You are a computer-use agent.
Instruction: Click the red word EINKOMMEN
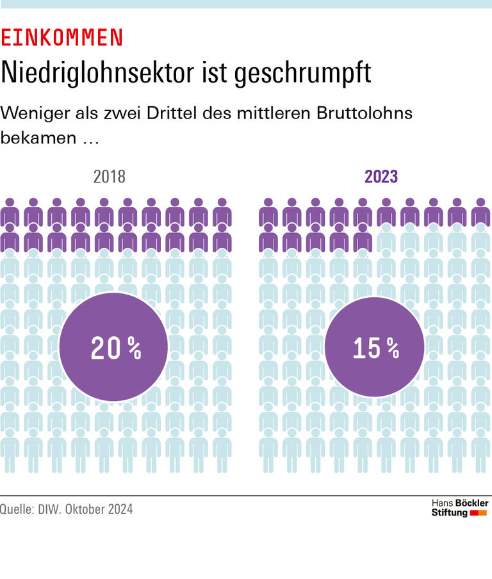point(61,38)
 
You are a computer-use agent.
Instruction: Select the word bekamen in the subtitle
point(38,138)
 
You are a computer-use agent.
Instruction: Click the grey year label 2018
point(110,177)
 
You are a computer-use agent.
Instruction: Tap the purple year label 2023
point(381,177)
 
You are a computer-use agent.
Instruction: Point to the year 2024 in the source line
point(120,510)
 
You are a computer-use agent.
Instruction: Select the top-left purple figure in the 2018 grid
point(10,211)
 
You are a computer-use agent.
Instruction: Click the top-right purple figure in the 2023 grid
point(480,211)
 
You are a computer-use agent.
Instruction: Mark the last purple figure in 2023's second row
point(363,237)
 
